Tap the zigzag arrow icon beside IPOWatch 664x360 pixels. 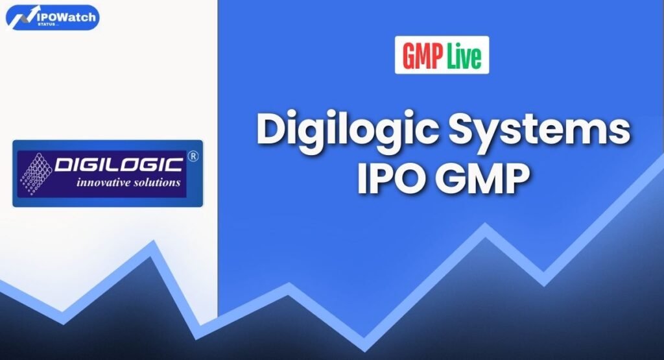point(18,16)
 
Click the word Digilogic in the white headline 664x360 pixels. point(346,131)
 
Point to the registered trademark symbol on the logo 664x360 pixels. point(191,156)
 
